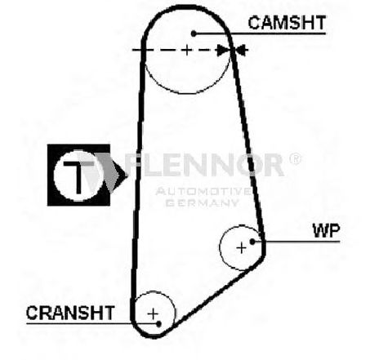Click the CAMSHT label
[x=287, y=23]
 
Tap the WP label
[x=327, y=231]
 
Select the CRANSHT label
[x=70, y=313]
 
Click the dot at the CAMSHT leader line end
[x=194, y=33]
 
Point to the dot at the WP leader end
[x=252, y=242]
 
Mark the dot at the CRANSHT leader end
[x=159, y=324]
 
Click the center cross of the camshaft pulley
[x=187, y=50]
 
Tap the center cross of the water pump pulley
[x=242, y=248]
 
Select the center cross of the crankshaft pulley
[x=153, y=313]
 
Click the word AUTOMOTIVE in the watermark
[x=203, y=191]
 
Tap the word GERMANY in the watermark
[x=202, y=202]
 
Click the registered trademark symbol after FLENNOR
[x=295, y=159]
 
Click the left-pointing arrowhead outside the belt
[x=243, y=50]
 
